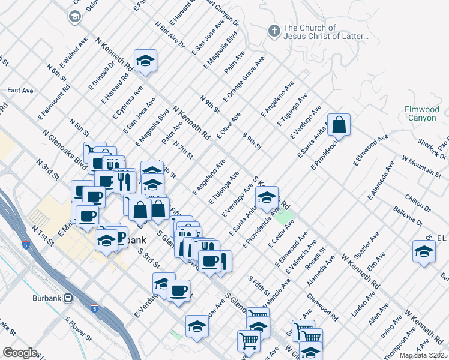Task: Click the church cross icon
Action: [x=274, y=31]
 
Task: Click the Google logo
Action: [x=19, y=353]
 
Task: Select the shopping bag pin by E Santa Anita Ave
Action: [x=339, y=125]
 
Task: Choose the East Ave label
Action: [x=20, y=91]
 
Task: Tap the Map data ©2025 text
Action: [x=423, y=355]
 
